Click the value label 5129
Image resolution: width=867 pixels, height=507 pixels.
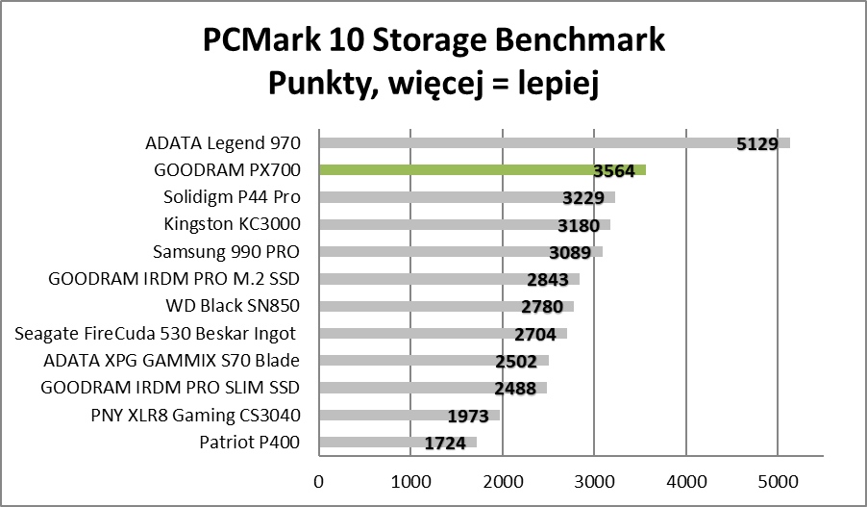pyautogui.click(x=756, y=144)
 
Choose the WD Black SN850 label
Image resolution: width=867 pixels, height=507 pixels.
pyautogui.click(x=234, y=307)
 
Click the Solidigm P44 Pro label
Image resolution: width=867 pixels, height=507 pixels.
pyautogui.click(x=233, y=197)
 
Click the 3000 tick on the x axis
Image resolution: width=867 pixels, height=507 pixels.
pyautogui.click(x=593, y=478)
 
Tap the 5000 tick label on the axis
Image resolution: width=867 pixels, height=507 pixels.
pyautogui.click(x=777, y=478)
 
